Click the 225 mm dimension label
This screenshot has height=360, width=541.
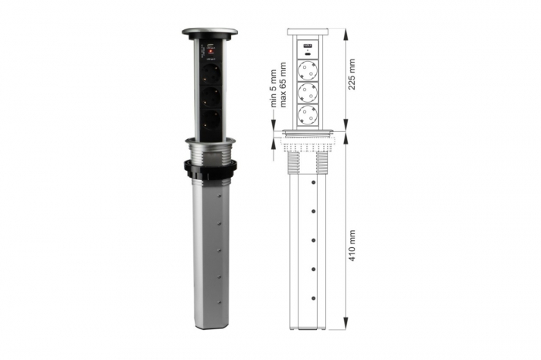tap(353, 73)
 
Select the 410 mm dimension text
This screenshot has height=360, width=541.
tap(353, 246)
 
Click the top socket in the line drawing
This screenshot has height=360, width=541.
tap(308, 69)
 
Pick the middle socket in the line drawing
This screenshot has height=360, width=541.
tap(308, 93)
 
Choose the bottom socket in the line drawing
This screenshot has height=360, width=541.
tap(308, 116)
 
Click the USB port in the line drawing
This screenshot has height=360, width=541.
tap(308, 47)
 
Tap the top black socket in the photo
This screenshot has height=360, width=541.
tap(210, 74)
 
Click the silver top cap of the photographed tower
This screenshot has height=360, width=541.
tap(210, 33)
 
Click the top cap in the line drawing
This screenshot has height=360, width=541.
tap(308, 32)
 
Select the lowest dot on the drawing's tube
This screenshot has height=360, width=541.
tap(314, 297)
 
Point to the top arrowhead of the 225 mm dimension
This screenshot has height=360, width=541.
tap(345, 33)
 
